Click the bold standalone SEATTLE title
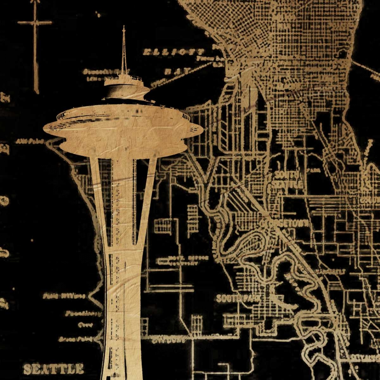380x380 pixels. (54, 369)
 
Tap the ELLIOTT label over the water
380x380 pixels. (174, 52)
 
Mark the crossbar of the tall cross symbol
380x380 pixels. (35, 23)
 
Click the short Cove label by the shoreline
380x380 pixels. (83, 325)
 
